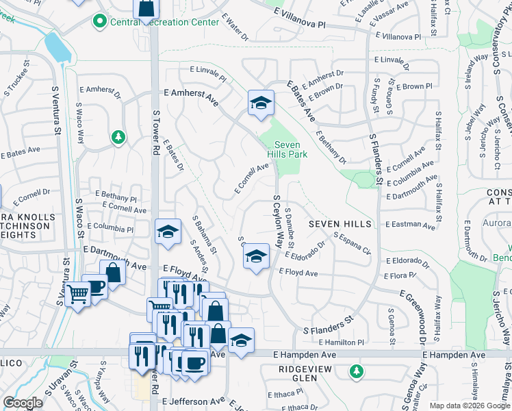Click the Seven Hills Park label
click(x=291, y=149)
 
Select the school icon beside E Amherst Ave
click(x=261, y=103)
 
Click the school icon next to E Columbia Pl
click(x=167, y=232)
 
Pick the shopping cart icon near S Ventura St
click(x=78, y=295)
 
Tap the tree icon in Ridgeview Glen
click(x=355, y=371)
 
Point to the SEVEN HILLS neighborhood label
click(x=340, y=224)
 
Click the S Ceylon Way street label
click(x=278, y=221)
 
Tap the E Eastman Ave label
click(x=410, y=225)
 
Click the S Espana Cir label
click(x=352, y=245)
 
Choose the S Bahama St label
click(x=204, y=232)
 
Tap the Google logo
click(x=23, y=402)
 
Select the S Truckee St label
click(x=17, y=80)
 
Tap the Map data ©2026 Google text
click(x=469, y=406)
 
